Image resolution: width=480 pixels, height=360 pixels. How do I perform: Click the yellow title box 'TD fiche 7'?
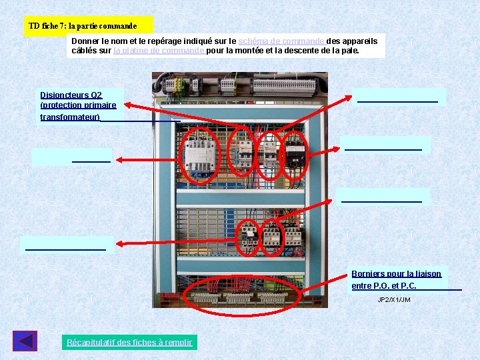click(x=83, y=26)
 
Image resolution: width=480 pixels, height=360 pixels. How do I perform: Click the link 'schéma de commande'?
click(x=282, y=41)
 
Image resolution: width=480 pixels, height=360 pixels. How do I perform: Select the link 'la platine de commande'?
click(x=159, y=50)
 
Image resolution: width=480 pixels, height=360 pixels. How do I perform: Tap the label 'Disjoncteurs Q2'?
click(x=71, y=95)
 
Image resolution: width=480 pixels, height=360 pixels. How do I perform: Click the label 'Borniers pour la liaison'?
click(x=396, y=274)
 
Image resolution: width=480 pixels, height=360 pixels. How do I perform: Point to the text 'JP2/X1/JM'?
click(x=394, y=300)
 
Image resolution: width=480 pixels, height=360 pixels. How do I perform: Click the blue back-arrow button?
click(x=25, y=341)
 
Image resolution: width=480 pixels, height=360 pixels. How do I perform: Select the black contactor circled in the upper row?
click(x=294, y=155)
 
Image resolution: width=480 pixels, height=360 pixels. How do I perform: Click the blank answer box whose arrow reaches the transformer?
click(x=72, y=157)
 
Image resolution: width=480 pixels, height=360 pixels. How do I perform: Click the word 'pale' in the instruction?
click(x=349, y=50)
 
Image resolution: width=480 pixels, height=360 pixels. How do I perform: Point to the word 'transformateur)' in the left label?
click(x=70, y=117)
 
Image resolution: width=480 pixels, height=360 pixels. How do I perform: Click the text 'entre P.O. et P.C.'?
click(x=384, y=286)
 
